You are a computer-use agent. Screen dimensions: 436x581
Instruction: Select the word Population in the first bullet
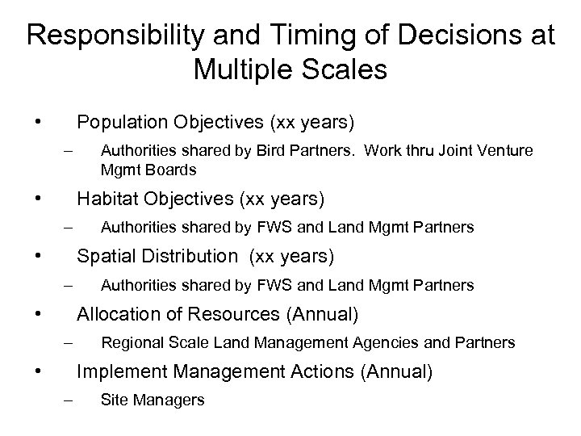pos(118,123)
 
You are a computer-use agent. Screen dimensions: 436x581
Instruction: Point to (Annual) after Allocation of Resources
pos(320,313)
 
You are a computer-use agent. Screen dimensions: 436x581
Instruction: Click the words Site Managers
pos(153,400)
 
